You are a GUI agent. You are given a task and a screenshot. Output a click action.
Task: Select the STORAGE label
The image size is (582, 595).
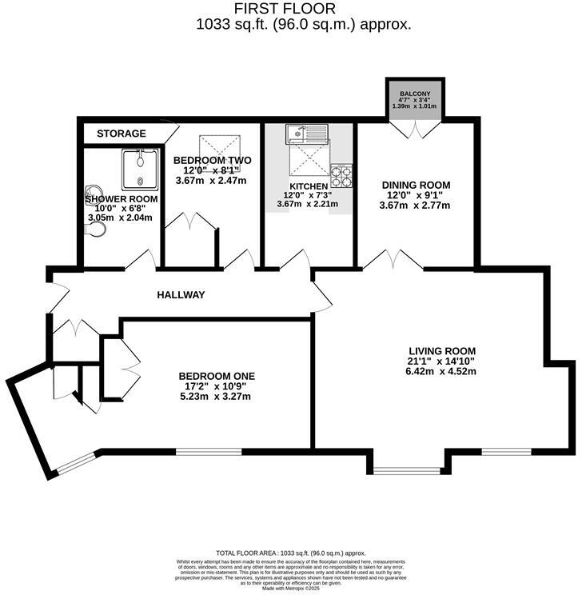[122, 134]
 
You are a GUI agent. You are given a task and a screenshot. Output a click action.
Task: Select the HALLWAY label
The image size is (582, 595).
[181, 295]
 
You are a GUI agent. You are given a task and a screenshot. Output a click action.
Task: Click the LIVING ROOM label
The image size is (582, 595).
[442, 351]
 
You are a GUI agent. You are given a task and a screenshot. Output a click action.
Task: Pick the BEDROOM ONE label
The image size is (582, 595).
[216, 377]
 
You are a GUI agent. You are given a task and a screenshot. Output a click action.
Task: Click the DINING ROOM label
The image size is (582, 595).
[417, 185]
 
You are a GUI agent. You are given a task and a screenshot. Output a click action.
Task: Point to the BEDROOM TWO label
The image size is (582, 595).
[212, 160]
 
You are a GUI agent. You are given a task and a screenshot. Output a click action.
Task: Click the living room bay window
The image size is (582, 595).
[405, 470]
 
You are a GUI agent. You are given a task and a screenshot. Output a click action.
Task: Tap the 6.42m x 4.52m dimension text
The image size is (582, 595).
[442, 372]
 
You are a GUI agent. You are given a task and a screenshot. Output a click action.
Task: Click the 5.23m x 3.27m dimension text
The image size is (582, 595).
[216, 397]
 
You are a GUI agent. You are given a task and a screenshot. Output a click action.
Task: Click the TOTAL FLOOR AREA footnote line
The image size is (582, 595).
[290, 553]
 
